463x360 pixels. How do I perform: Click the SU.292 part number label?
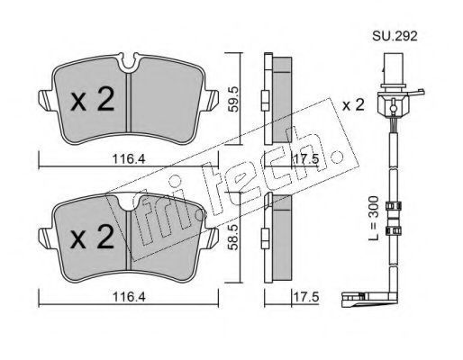coord(395,37)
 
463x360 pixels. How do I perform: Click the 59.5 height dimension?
coord(232,99)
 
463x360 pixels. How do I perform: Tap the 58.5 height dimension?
coord(232,238)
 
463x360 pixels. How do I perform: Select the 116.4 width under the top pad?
coord(129,159)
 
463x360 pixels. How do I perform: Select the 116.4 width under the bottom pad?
coord(129,297)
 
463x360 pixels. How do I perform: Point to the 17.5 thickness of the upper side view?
coord(305,158)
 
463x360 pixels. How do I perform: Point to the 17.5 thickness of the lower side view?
coord(305,297)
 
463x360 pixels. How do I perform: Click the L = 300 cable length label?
coord(374,218)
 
